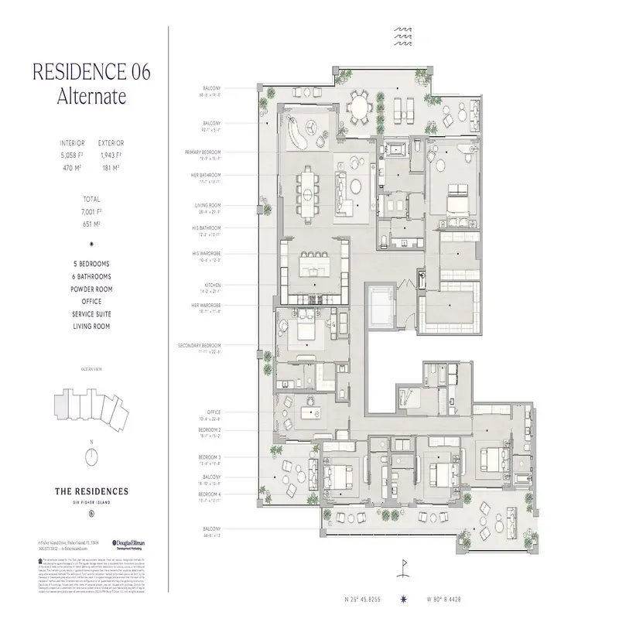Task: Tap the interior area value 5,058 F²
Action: (71, 154)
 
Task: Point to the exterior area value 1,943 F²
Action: (111, 154)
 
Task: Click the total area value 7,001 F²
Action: (91, 210)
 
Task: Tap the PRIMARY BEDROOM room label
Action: (203, 152)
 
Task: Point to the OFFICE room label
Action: (214, 412)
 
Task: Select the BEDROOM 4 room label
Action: (209, 494)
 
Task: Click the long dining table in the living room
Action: (309, 183)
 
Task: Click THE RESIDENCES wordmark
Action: (91, 491)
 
